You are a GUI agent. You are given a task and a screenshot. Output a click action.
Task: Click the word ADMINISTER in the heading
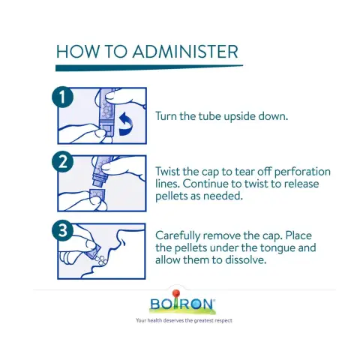(185, 52)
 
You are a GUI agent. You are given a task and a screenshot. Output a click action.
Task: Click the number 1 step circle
(62, 97)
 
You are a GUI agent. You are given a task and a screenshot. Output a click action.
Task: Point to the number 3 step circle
(62, 230)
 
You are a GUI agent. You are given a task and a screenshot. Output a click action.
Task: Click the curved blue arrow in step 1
(126, 124)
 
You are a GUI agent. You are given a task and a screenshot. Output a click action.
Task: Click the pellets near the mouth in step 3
(102, 260)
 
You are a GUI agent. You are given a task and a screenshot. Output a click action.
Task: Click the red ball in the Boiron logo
(176, 293)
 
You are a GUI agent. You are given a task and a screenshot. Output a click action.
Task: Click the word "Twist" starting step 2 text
(167, 172)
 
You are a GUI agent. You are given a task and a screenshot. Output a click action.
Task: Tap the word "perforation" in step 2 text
(302, 172)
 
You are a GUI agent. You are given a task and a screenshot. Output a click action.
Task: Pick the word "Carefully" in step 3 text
(178, 236)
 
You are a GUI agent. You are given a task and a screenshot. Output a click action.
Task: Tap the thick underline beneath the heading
(149, 67)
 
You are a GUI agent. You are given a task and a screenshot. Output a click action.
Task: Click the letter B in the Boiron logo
(154, 304)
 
